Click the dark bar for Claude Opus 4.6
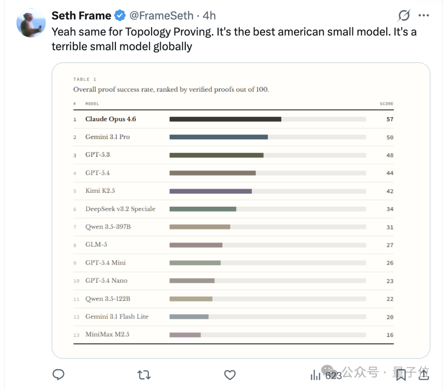click(225, 119)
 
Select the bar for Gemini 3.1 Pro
click(218, 137)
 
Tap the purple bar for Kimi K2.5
click(210, 191)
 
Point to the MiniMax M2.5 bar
click(185, 335)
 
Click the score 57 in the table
click(390, 119)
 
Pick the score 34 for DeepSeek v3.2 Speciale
click(390, 209)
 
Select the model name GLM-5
click(96, 245)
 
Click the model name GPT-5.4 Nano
click(106, 280)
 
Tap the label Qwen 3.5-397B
click(108, 227)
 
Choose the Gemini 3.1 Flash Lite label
click(117, 317)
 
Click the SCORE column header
click(386, 104)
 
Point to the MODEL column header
click(92, 104)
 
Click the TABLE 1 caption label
click(85, 79)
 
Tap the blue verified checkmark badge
click(120, 16)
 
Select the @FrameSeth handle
click(161, 16)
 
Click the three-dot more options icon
click(423, 16)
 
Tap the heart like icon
click(230, 375)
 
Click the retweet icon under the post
click(143, 375)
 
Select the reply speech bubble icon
click(59, 375)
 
